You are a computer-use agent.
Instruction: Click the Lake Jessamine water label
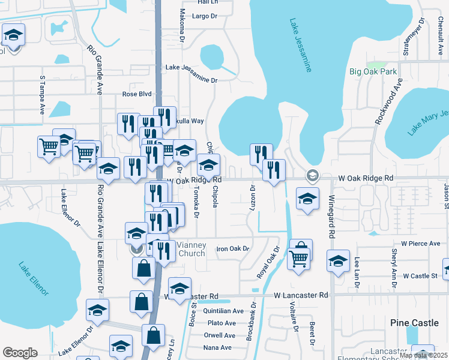click(300, 46)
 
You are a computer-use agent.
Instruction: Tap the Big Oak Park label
click(373, 72)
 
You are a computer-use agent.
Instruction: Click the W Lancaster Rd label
click(301, 295)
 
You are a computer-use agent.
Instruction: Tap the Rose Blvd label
click(137, 94)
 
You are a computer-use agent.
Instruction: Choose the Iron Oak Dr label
click(232, 248)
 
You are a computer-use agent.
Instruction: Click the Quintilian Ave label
click(223, 311)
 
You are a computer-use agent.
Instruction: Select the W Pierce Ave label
click(421, 244)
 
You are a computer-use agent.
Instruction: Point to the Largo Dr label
click(203, 16)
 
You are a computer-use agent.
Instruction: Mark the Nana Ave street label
click(217, 347)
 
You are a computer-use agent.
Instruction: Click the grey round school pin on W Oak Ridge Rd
click(312, 176)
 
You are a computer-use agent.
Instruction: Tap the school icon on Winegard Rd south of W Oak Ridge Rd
click(338, 262)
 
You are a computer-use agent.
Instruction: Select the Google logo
click(20, 352)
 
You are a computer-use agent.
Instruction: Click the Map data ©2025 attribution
click(424, 355)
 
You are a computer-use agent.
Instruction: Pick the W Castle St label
click(421, 276)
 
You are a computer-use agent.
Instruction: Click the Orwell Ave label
click(220, 335)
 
